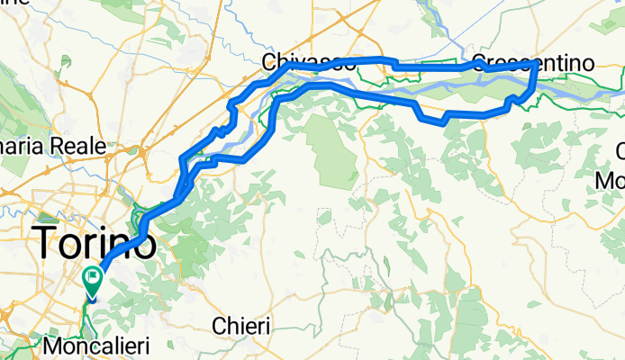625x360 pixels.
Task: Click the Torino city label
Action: pos(94,242)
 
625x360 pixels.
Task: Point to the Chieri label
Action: pos(241,326)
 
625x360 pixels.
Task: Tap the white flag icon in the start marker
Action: pos(93,277)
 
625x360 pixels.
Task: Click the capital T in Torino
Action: pos(45,242)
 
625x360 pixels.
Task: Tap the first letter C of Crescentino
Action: pos(483,63)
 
